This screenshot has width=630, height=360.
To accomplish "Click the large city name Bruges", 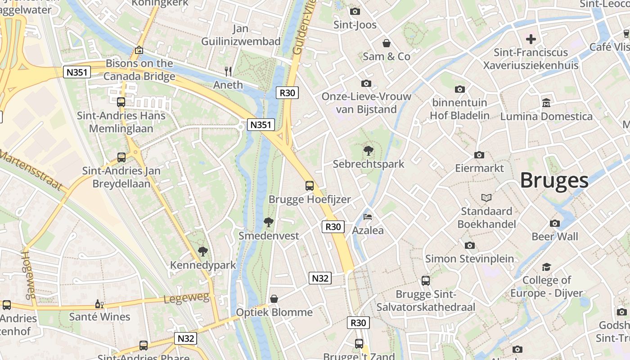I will tap(554, 180).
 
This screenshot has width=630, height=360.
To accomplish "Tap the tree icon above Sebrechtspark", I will tap(369, 151).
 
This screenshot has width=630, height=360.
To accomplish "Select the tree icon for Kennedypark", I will tap(203, 252).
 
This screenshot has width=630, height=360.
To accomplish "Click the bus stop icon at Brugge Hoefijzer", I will tap(310, 185).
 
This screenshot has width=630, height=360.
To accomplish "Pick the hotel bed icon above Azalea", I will tap(368, 217).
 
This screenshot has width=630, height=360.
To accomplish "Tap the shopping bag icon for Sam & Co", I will tap(386, 43).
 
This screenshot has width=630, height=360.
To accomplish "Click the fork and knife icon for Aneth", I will tap(228, 71).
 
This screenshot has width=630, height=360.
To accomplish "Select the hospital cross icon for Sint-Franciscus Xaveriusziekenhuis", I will tap(531, 39).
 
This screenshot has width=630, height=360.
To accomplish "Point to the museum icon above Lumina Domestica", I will tap(546, 103).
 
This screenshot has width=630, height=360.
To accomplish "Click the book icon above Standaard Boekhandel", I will tap(486, 198).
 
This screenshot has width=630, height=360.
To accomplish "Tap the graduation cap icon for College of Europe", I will tap(546, 267).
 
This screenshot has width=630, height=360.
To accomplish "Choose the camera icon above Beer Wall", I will tap(555, 223).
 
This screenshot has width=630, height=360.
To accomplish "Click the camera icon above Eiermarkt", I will tap(479, 155).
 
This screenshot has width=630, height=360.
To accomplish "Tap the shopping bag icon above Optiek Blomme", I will tap(274, 299).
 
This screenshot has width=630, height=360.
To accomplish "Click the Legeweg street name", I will tap(186, 298).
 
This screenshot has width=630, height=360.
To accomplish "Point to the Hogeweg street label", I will tap(28, 274).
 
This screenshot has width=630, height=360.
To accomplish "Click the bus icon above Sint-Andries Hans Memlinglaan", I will tap(121, 102).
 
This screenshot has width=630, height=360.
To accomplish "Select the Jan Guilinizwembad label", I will tap(241, 35).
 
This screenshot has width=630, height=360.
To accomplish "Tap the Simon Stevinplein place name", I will tap(469, 259).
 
